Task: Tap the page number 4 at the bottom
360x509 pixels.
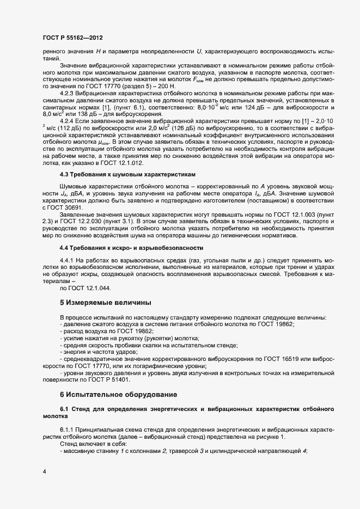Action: tap(44, 471)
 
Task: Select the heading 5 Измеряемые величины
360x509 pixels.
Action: tap(105, 302)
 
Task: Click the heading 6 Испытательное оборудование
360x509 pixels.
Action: tap(118, 394)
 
